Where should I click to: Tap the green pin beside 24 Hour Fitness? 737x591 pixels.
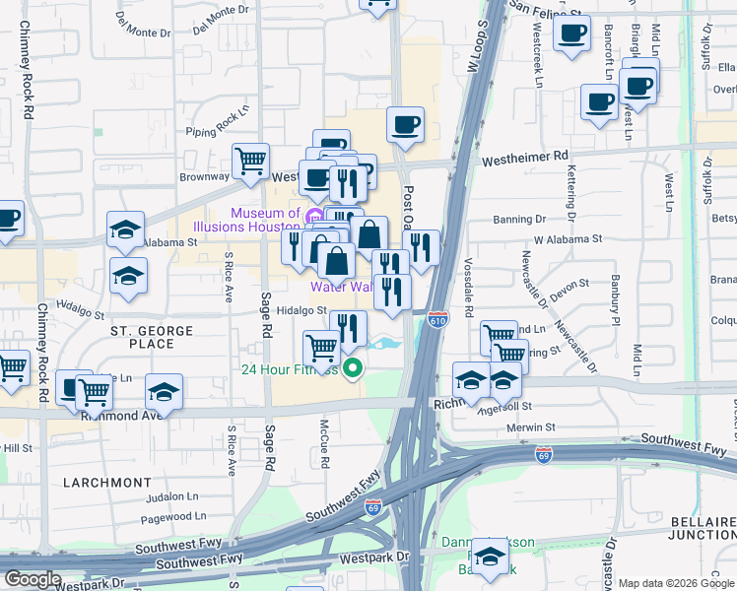tap(352, 370)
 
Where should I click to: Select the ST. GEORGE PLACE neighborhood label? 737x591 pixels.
tap(143, 337)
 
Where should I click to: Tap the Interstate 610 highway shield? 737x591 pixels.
tap(438, 319)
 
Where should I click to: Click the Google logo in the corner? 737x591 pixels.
tap(33, 579)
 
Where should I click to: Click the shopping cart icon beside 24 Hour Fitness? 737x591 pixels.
tap(321, 348)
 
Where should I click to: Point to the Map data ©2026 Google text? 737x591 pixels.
tap(675, 583)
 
